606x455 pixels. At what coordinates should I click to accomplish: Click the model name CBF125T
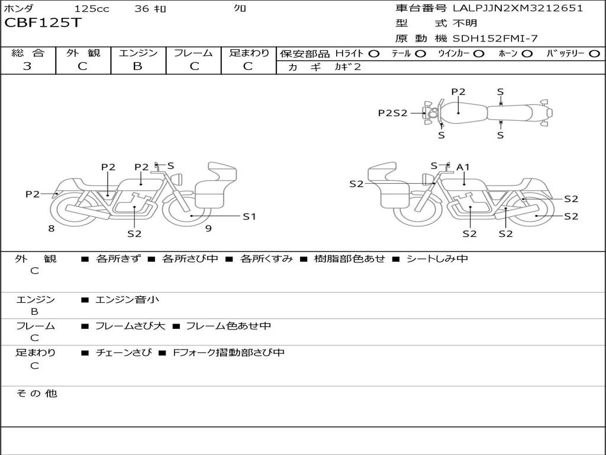[43, 24]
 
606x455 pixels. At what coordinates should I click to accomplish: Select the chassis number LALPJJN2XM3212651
[518, 8]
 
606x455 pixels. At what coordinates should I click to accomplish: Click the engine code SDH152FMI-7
[495, 39]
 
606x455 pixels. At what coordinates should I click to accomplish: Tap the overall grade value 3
[27, 66]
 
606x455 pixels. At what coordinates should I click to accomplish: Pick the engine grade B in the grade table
[137, 66]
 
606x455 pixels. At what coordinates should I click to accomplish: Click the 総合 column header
[27, 53]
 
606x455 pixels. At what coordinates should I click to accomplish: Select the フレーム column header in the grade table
[194, 53]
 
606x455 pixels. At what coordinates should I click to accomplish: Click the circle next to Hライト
[373, 53]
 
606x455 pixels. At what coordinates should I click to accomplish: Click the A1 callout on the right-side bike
[463, 168]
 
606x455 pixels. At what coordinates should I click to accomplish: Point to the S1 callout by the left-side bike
[249, 216]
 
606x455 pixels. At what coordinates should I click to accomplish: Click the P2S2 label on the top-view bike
[392, 113]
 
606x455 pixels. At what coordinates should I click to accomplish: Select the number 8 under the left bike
[51, 228]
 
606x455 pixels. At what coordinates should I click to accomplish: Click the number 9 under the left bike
[208, 228]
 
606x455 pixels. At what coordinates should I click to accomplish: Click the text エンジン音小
[127, 300]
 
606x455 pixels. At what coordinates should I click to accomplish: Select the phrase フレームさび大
[130, 326]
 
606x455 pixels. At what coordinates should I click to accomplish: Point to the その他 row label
[36, 393]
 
